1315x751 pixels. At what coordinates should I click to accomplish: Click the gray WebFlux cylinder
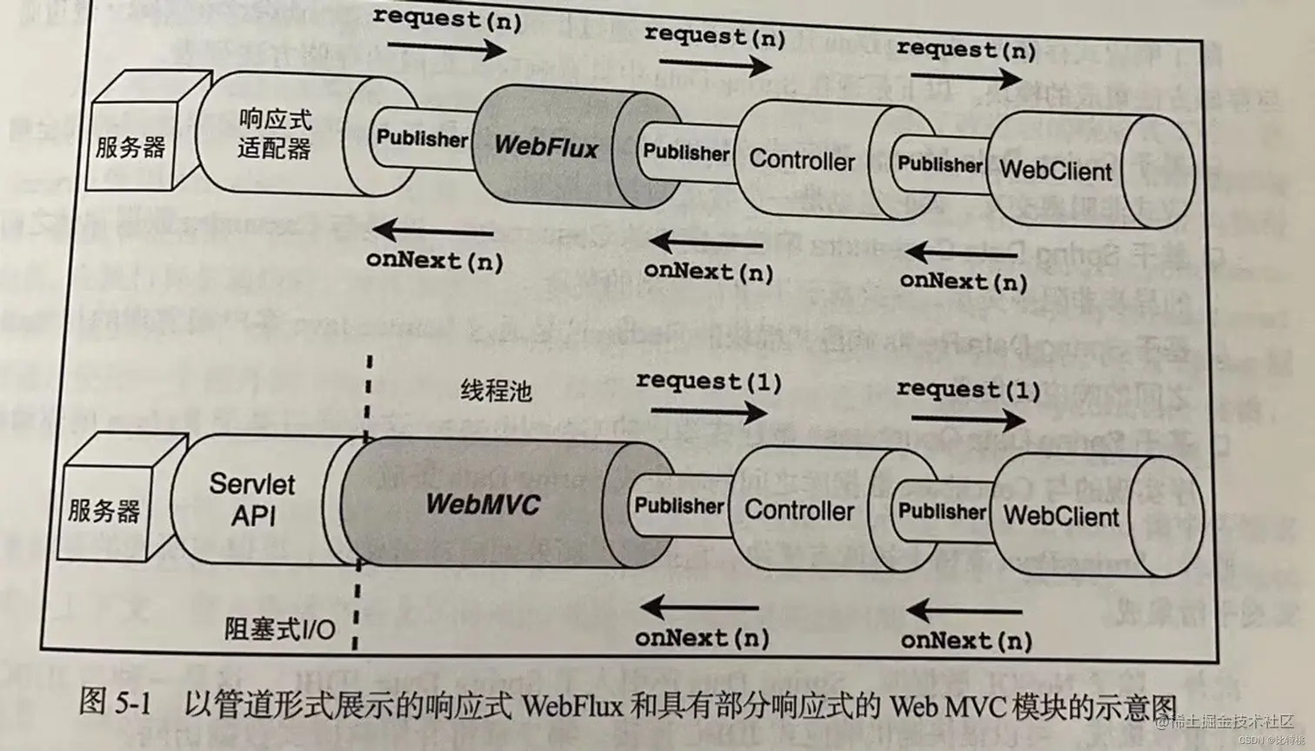pos(546,146)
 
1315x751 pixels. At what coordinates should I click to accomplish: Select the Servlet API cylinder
pos(252,500)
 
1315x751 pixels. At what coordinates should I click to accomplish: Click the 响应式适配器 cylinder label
pos(274,135)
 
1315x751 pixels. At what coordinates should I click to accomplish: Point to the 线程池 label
pos(496,391)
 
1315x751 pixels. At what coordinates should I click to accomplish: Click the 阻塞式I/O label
pos(280,628)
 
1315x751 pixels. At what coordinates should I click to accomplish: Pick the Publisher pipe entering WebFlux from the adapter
pos(422,139)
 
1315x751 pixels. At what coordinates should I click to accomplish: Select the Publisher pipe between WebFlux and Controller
pos(686,152)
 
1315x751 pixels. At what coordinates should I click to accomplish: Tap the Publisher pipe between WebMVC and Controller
pos(678,506)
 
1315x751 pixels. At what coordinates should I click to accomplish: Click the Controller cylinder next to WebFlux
pos(802,160)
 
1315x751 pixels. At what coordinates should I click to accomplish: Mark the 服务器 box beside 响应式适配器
pos(130,147)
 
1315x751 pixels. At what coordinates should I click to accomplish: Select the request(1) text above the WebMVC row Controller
pos(708,382)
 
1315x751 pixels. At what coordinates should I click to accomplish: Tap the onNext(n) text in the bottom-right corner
pos(966,641)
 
